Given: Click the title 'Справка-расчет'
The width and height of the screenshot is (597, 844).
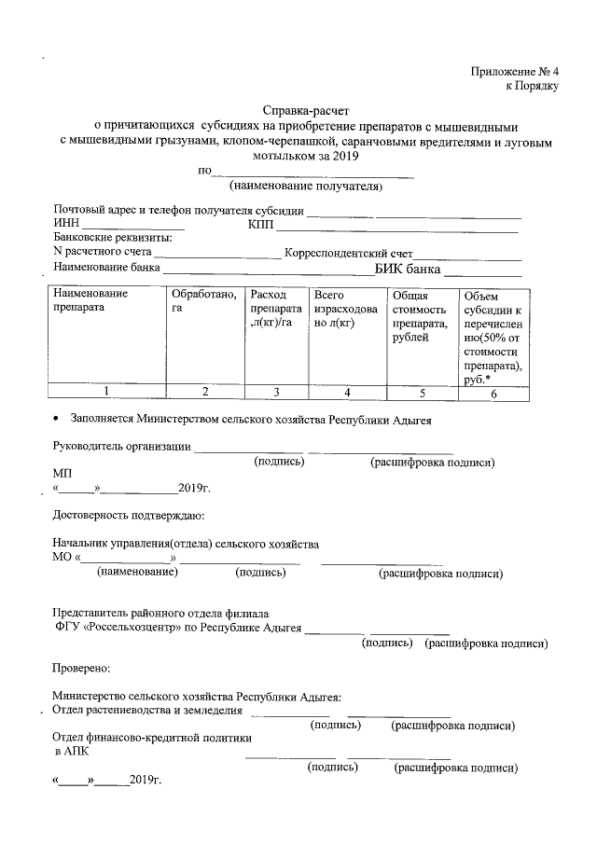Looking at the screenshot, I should pyautogui.click(x=304, y=110).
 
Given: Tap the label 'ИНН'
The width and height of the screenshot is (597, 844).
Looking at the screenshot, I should pyautogui.click(x=65, y=225).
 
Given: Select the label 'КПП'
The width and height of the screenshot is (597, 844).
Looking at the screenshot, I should pyautogui.click(x=260, y=225).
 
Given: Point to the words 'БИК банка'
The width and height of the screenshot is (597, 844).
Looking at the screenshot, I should pyautogui.click(x=407, y=270).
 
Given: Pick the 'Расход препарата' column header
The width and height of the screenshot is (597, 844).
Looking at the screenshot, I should pyautogui.click(x=271, y=308).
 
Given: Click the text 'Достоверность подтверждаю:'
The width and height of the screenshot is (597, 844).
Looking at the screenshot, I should pyautogui.click(x=129, y=515).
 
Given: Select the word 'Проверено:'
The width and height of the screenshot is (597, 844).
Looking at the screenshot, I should pyautogui.click(x=81, y=668).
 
